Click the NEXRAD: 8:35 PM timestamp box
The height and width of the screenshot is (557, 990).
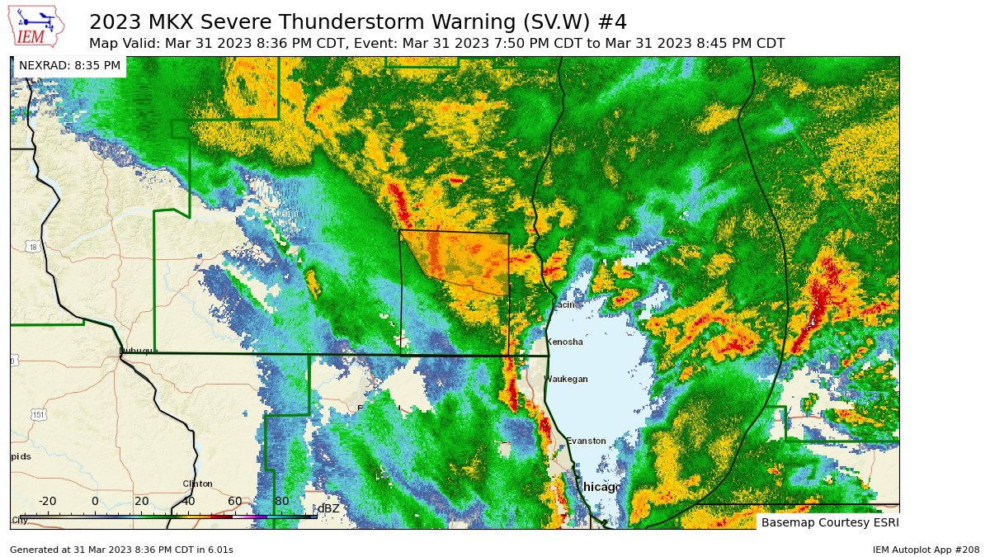[x=69, y=65]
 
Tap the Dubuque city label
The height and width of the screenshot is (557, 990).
[x=138, y=350]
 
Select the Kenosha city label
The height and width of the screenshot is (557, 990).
[x=566, y=342]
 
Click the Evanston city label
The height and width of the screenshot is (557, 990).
[x=586, y=441]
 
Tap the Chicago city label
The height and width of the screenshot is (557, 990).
[x=601, y=488]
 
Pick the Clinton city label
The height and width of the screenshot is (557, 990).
[x=197, y=484]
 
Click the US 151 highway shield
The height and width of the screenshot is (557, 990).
[x=38, y=415]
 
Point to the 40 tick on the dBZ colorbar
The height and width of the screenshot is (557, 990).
[x=188, y=516]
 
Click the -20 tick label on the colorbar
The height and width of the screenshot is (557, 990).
[x=47, y=501]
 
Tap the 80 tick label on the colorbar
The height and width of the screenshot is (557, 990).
[x=281, y=501]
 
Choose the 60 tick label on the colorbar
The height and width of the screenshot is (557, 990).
[x=235, y=501]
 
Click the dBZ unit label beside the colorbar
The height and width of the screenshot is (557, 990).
[x=328, y=508]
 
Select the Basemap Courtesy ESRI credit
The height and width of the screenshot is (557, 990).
[x=829, y=522]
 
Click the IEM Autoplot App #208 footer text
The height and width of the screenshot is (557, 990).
[x=926, y=550]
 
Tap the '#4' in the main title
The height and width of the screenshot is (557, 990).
[x=611, y=21]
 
